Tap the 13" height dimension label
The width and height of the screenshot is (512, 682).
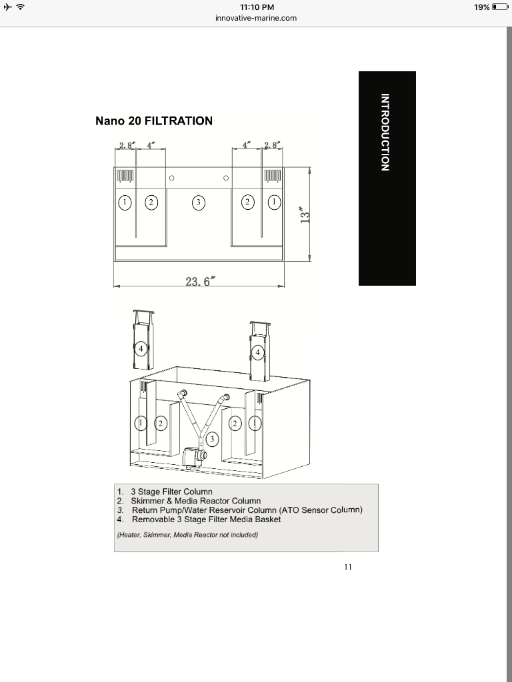coord(305,215)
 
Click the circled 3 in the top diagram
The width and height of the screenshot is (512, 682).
coord(199,202)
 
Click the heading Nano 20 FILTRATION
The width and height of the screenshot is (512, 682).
coord(154,121)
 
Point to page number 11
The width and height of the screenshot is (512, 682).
coord(348,567)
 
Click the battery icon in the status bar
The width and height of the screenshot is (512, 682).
coord(500,7)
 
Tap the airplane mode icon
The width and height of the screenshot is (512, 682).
coord(7,7)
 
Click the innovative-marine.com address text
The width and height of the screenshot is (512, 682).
coord(256,18)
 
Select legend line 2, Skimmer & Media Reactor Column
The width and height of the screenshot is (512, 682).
coord(189,501)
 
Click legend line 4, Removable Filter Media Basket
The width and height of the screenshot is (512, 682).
coord(199,519)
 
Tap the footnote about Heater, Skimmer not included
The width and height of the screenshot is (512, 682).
coord(187,535)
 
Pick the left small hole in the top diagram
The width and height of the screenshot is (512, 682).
coord(171,178)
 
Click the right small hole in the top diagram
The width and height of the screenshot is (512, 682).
coord(226,178)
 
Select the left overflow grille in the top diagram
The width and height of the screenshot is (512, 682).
coord(125,176)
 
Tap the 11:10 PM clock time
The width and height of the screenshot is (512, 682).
coord(257,7)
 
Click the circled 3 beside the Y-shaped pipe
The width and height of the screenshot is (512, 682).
coord(212,438)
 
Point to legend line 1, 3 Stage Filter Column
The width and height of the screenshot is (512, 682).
coord(165,492)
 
